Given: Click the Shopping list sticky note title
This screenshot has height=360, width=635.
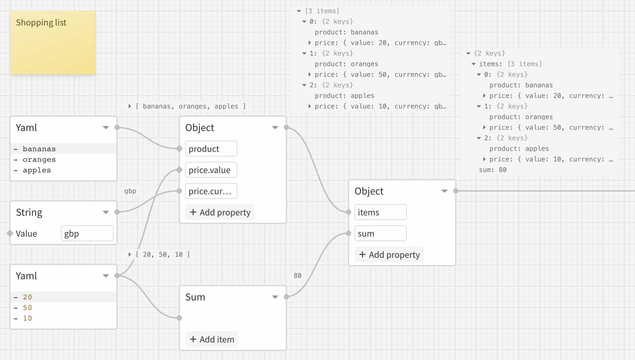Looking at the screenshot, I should point(41,22).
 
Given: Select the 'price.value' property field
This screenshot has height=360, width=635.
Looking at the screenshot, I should point(211,170).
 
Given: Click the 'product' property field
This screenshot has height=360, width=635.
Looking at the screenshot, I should point(211,149).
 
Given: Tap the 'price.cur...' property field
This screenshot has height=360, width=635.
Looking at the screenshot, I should point(211,191).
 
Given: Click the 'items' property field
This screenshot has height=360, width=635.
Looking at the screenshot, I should point(380,212).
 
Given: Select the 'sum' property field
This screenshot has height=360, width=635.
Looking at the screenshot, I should point(380,234).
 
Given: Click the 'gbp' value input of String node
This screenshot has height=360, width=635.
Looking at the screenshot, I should point(87,234).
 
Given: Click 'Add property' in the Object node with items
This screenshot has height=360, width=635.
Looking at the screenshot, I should point(389,255).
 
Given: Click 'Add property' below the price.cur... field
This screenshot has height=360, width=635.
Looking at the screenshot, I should point(220,212).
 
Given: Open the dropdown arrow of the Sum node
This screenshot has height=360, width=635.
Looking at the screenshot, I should point(275,297).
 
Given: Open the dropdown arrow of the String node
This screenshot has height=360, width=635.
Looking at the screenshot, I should point(106,212).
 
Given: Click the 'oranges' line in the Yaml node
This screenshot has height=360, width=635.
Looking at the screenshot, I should point(39,159).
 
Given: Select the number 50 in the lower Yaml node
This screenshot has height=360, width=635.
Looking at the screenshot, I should point(27,308).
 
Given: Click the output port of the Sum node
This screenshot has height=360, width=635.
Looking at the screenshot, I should point(286,297).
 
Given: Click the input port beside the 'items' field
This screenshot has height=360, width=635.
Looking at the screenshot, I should point(349,212).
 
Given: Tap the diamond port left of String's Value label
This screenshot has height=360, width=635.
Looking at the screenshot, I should point(10,234).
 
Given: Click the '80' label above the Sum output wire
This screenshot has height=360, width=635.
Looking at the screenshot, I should point(297,276).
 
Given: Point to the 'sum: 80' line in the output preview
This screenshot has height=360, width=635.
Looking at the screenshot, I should point(492,170).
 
